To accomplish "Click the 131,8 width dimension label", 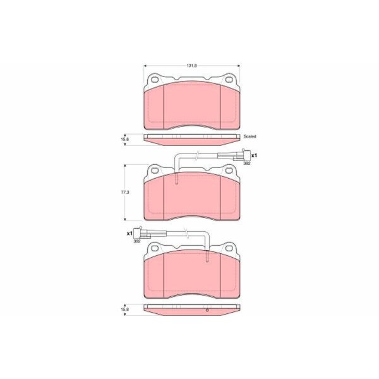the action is pyautogui.click(x=192, y=66).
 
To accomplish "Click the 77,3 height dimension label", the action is pyautogui.click(x=125, y=193).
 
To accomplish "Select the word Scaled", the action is pyautogui.click(x=250, y=136).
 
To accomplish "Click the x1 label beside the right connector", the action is pyautogui.click(x=254, y=155).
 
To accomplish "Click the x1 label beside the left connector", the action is pyautogui.click(x=129, y=234).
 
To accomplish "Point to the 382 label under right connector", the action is pyautogui.click(x=247, y=163).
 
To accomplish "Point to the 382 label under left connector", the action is pyautogui.click(x=137, y=241).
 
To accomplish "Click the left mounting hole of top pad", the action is pyautogui.click(x=155, y=80).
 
